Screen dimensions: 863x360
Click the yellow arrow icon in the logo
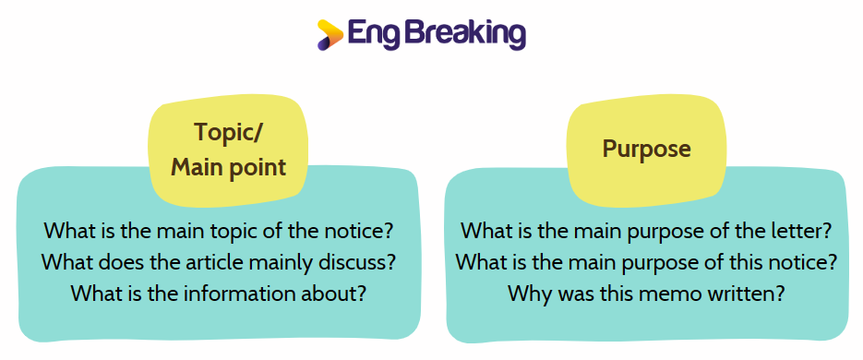pos(330,35)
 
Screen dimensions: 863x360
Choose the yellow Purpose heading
pos(647,150)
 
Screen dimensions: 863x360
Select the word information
pos(245,294)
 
